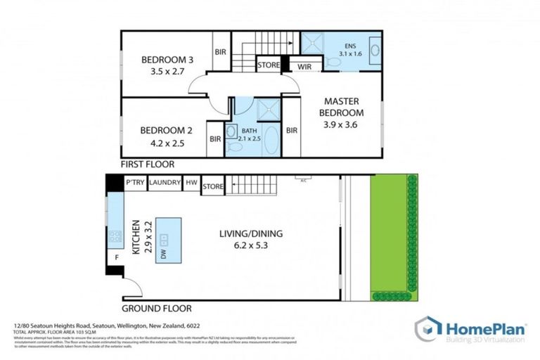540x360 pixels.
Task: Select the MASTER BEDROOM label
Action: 342,107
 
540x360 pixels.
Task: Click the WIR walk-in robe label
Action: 304,67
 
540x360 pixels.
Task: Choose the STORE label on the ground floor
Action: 212,186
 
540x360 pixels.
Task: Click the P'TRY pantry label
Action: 135,183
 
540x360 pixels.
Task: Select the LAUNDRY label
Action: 165,183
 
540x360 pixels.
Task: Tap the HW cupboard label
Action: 191,183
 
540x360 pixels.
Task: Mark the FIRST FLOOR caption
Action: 147,164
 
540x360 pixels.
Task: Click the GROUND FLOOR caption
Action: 156,308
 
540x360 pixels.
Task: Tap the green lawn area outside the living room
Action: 389,236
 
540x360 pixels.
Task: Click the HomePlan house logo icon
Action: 427,330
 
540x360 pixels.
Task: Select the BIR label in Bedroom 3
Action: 220,51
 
